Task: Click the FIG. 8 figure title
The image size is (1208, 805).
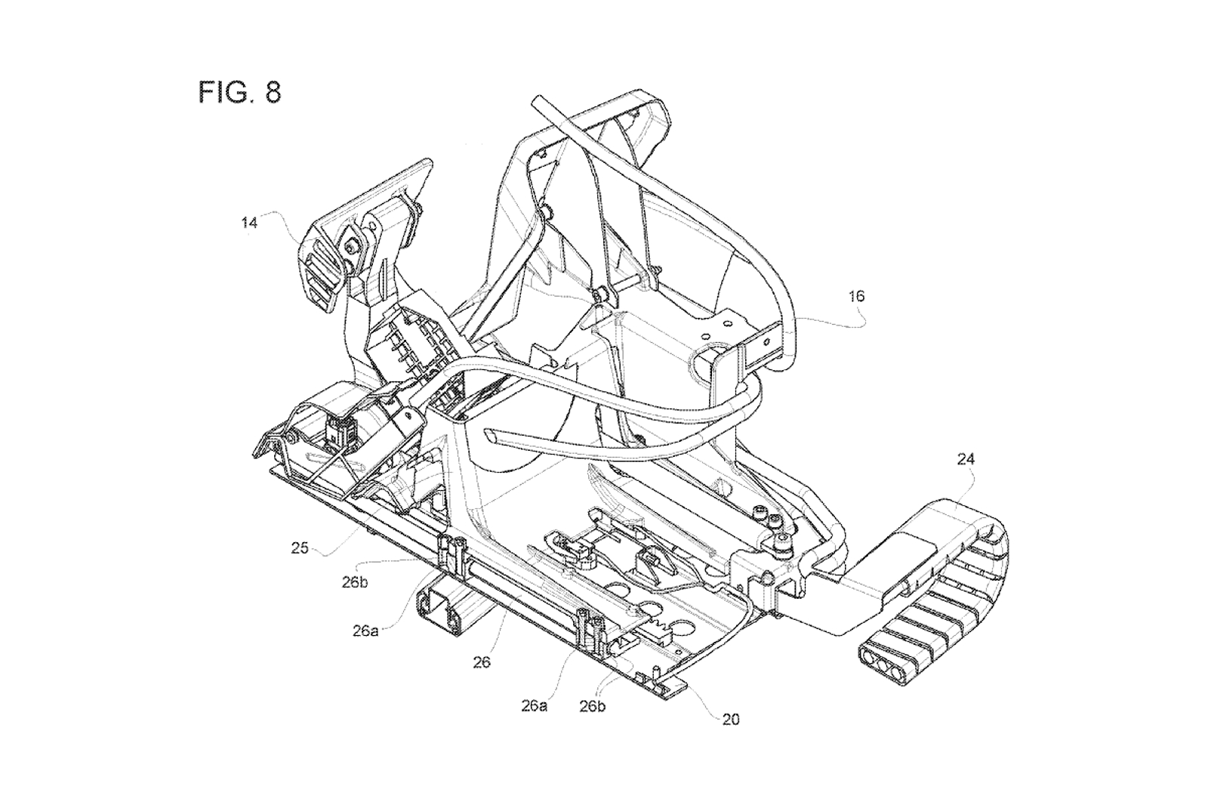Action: pyautogui.click(x=240, y=92)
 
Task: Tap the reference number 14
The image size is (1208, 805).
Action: pyautogui.click(x=249, y=223)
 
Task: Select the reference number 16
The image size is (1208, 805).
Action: pyautogui.click(x=856, y=296)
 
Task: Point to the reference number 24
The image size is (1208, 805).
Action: pyautogui.click(x=966, y=458)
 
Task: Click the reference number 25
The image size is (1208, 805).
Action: pyautogui.click(x=300, y=547)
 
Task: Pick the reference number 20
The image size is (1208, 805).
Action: pyautogui.click(x=730, y=719)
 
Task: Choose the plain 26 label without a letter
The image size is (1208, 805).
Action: pyautogui.click(x=481, y=662)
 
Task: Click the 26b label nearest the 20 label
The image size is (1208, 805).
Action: pyautogui.click(x=594, y=706)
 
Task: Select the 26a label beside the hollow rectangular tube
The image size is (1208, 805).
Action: pyautogui.click(x=365, y=631)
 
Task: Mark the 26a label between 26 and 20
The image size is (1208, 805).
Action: pyautogui.click(x=534, y=705)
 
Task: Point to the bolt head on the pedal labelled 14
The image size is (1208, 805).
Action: pyautogui.click(x=351, y=246)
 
